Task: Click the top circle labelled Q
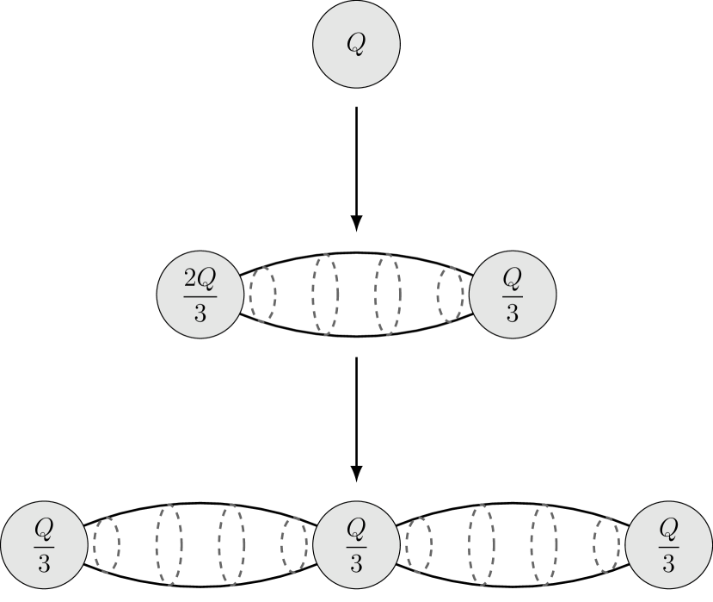point(356,45)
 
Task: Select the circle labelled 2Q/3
point(200,295)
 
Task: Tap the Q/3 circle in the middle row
point(513,295)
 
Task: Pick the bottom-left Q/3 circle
point(43,544)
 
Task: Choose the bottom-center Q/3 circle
point(356,544)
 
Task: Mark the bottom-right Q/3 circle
point(669,544)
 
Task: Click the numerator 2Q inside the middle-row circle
point(200,278)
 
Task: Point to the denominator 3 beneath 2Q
point(200,312)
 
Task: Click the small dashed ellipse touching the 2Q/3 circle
point(262,295)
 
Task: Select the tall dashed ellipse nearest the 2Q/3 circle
point(325,295)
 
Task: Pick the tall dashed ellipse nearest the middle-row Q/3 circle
point(387,295)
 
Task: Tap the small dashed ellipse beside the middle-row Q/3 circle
point(450,295)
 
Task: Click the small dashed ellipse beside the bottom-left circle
point(106,544)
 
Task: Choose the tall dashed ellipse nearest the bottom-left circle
point(169,544)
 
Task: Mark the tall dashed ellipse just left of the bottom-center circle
point(231,544)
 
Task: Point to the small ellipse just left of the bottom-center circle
point(293,544)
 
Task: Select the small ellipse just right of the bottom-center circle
point(419,544)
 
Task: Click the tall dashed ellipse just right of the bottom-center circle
point(482,544)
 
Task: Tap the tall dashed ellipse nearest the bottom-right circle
point(544,544)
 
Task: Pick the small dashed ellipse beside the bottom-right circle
point(606,544)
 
